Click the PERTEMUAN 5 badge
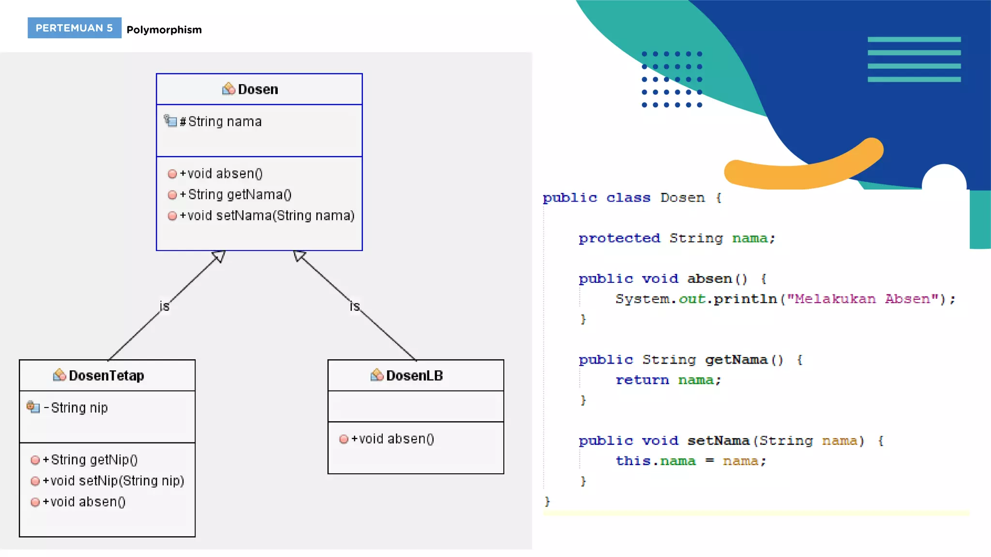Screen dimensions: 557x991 pos(74,28)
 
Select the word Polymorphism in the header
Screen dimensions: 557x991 pos(164,30)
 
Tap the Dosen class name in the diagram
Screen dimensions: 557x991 pos(257,89)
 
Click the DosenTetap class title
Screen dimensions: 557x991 pos(106,376)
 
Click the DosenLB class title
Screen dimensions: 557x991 pos(414,376)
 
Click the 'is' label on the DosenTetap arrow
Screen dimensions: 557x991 pos(165,307)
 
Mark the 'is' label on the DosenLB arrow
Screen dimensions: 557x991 pos(355,307)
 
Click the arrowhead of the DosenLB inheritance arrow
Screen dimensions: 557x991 pos(299,255)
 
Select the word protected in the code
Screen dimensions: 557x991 pos(619,238)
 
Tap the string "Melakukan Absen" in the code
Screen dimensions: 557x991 pos(862,299)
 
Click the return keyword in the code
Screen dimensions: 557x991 pos(642,381)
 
